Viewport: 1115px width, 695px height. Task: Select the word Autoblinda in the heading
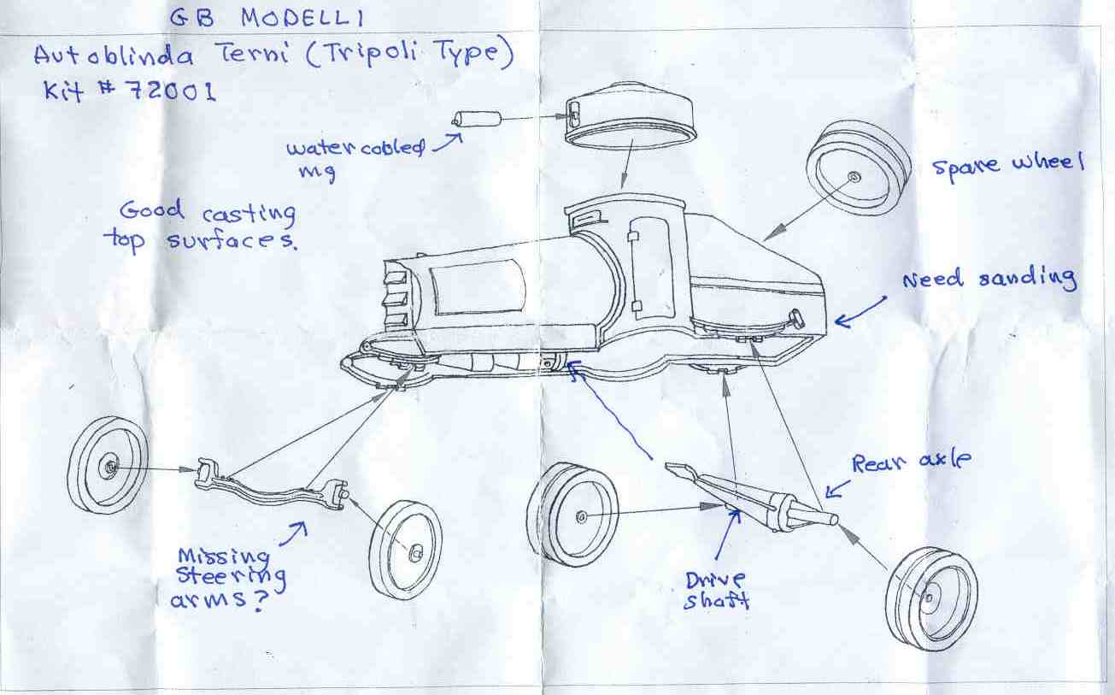click(114, 56)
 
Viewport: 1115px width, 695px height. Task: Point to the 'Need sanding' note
click(989, 279)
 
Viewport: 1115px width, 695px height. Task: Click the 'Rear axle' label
click(911, 462)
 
